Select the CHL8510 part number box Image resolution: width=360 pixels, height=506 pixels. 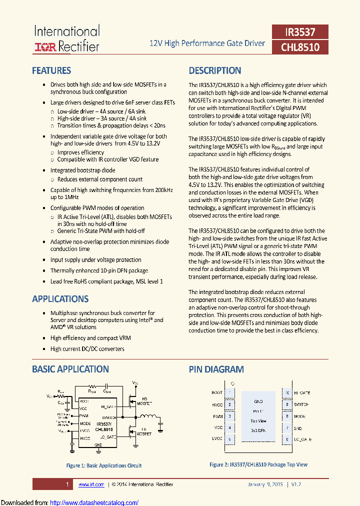click(300, 47)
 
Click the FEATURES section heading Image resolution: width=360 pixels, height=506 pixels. click(51, 70)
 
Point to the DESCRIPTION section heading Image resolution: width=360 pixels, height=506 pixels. click(215, 70)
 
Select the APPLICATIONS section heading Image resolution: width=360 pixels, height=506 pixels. click(60, 299)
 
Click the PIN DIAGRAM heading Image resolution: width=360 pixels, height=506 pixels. click(216, 369)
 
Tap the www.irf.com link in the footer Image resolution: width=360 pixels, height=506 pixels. click(91, 484)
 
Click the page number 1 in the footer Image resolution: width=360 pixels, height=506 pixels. click(67, 484)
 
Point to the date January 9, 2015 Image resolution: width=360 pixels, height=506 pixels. click(265, 484)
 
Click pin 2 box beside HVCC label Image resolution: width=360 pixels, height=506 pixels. click(229, 404)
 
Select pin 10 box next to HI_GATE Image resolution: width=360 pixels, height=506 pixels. click(287, 393)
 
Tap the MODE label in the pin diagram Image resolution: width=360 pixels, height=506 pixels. click(300, 416)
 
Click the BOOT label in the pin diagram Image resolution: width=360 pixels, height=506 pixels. click(217, 393)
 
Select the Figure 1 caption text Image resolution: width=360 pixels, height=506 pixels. click(104, 465)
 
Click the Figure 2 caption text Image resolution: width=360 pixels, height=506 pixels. click(258, 464)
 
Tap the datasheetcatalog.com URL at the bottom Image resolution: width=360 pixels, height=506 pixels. click(94, 502)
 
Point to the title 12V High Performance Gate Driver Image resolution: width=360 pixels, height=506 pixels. click(207, 43)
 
